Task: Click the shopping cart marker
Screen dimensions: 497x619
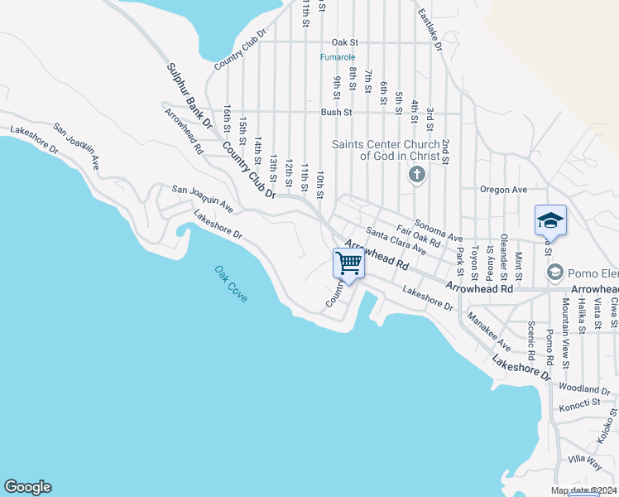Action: pyautogui.click(x=349, y=264)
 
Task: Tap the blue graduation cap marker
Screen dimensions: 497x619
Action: pyautogui.click(x=550, y=220)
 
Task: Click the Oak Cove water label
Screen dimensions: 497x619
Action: pyautogui.click(x=230, y=284)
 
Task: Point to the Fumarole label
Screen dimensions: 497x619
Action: pyautogui.click(x=338, y=57)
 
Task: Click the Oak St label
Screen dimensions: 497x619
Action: pyautogui.click(x=344, y=41)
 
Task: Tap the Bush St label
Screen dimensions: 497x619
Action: pyautogui.click(x=337, y=112)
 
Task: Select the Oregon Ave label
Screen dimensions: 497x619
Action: pyautogui.click(x=504, y=190)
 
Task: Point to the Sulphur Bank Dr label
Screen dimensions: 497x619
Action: pyautogui.click(x=190, y=96)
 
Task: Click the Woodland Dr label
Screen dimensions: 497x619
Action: pyautogui.click(x=584, y=388)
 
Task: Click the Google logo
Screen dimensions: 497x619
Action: pyautogui.click(x=27, y=487)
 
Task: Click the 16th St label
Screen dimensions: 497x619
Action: pyautogui.click(x=228, y=119)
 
